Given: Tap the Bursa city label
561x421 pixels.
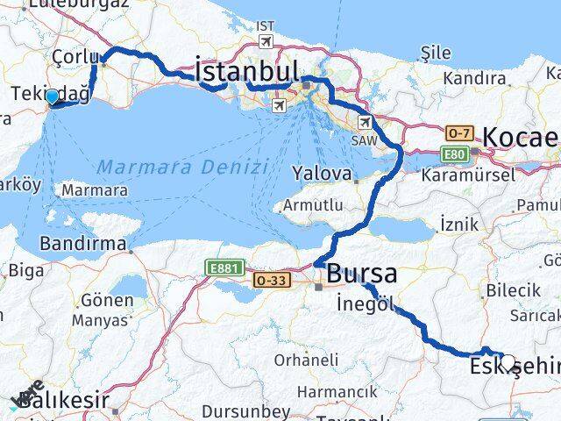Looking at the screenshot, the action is tap(361, 274).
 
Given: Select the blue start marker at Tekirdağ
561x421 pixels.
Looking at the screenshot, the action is tap(53, 97).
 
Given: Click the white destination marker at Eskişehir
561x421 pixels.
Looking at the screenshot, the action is tap(507, 362).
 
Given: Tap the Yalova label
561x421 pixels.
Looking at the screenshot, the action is tap(323, 174).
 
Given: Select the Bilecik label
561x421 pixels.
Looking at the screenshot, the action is tap(513, 289).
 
